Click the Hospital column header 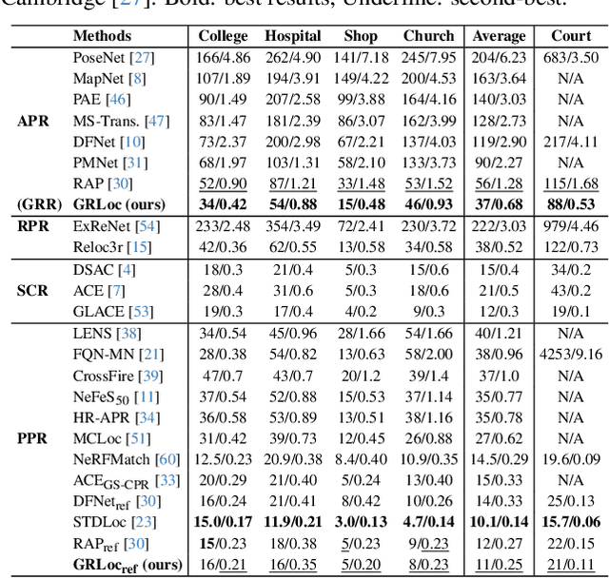pos(293,36)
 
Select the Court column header pos(571,36)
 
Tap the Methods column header pos(102,36)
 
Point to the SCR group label pos(32,290)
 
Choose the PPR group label pos(32,438)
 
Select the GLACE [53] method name pos(112,311)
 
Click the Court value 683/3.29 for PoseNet pos(571,58)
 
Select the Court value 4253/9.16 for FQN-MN pos(571,354)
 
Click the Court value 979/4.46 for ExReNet pos(571,226)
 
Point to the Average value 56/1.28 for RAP pos(500,183)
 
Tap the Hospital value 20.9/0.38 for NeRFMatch pos(293,459)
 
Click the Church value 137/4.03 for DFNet pos(429,142)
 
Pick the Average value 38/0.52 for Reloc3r pos(500,247)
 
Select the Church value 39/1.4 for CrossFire pos(429,375)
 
